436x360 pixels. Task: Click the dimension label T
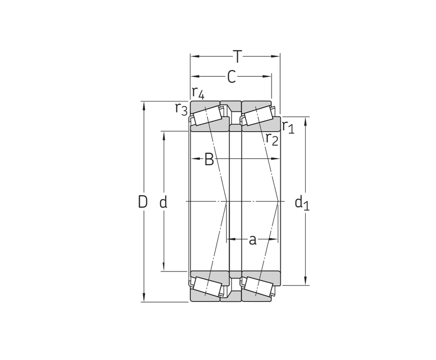(x=238, y=57)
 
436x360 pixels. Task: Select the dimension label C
(x=231, y=76)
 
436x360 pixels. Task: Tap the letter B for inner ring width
(x=209, y=159)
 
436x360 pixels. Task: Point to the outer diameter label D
(x=143, y=202)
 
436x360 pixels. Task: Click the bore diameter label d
(x=163, y=202)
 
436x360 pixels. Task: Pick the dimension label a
(x=252, y=240)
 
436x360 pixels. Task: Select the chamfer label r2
(x=272, y=139)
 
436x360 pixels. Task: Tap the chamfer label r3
(x=181, y=109)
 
